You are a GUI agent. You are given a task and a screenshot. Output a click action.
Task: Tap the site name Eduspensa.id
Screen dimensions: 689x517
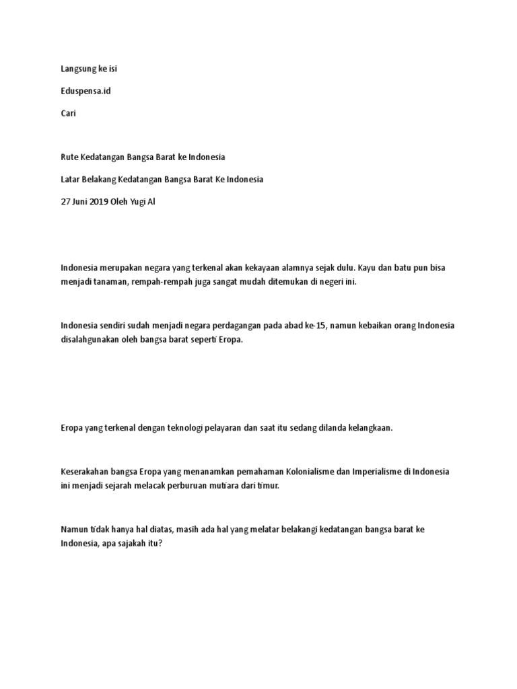(x=85, y=91)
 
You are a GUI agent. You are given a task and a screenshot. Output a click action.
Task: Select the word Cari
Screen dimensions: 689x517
(x=69, y=113)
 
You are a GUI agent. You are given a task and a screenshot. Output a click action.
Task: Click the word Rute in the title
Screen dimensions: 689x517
(x=70, y=157)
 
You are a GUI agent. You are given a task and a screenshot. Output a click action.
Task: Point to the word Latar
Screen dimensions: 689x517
(x=71, y=179)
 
